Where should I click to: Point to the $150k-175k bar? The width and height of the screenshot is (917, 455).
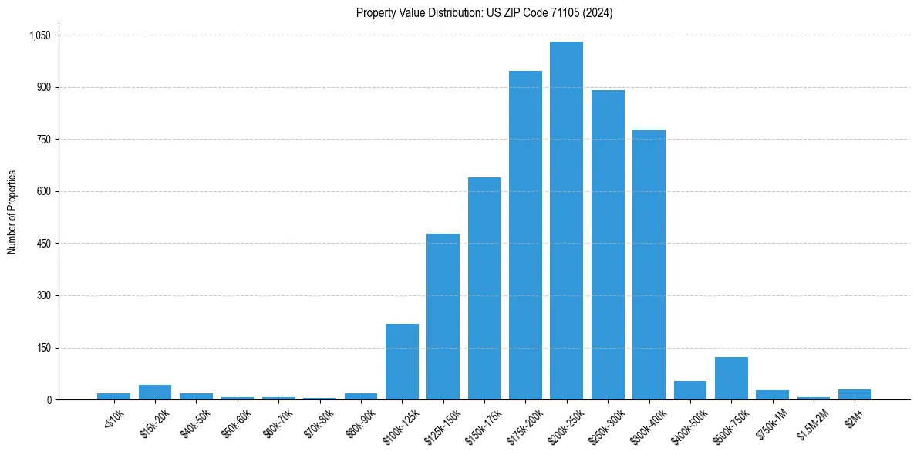click(x=484, y=288)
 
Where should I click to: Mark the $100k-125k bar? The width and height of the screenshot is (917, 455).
click(x=402, y=362)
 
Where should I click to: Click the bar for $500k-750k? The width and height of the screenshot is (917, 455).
click(x=731, y=378)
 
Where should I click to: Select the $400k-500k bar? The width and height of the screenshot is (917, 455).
click(x=689, y=390)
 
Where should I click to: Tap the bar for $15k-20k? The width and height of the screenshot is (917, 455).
click(x=155, y=392)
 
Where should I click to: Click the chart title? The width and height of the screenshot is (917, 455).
click(x=484, y=13)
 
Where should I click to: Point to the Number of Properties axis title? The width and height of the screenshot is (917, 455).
click(x=12, y=212)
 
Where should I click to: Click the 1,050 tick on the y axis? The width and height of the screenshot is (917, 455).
click(x=39, y=35)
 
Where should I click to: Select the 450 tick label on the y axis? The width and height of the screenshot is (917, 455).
click(x=43, y=244)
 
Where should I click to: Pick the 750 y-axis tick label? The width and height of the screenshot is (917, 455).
click(x=43, y=140)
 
